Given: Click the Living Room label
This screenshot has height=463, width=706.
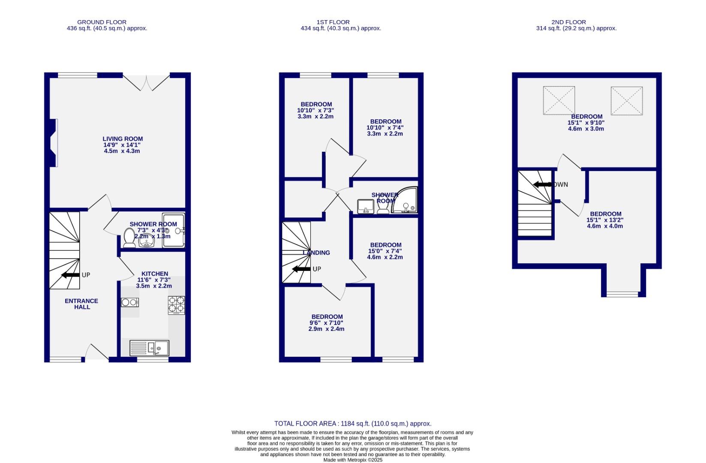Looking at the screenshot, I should point(123,139).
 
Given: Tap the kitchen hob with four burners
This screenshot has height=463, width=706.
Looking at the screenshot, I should point(176,305).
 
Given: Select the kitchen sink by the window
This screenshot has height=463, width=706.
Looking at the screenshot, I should point(150,348).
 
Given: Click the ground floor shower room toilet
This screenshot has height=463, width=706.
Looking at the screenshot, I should point(129,238).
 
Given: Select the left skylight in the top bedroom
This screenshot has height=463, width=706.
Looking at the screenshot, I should point(559,100).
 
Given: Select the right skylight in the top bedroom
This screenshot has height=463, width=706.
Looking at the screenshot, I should point(626,101).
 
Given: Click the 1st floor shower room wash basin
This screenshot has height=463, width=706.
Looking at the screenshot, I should point(365,206).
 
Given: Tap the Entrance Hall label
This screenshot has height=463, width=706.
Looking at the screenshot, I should point(81,304).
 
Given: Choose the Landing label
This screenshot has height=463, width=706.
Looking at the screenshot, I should point(316,253).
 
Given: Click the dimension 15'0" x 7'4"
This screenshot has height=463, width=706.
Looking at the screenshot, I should point(385,251).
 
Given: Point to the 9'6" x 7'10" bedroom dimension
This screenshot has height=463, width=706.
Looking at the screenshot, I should point(326,323).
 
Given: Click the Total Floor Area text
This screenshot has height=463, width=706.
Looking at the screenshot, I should point(353,424).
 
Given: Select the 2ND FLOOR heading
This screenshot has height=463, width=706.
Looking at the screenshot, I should point(568,22).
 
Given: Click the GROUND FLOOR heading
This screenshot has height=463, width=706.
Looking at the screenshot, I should point(102,22).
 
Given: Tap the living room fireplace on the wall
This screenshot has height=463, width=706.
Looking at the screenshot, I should point(53,143).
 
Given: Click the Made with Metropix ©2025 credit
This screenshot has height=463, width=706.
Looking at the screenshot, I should point(352,460).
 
